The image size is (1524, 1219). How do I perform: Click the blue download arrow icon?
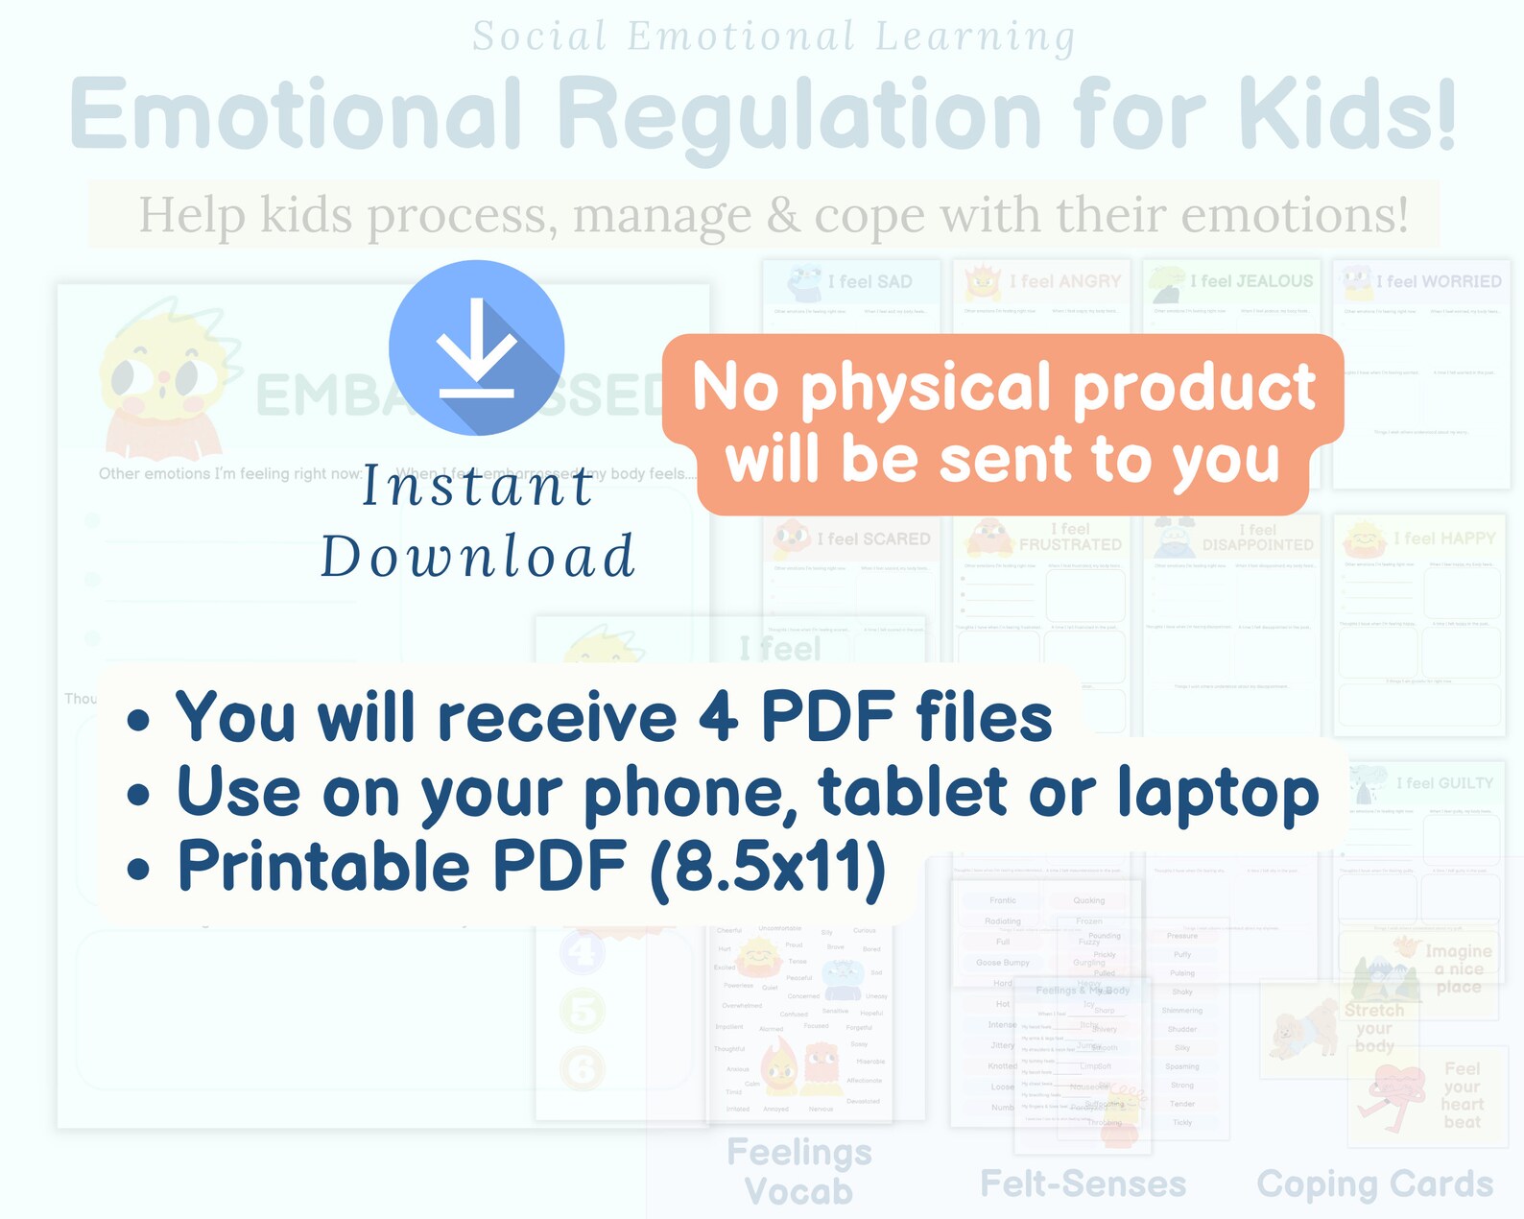(476, 347)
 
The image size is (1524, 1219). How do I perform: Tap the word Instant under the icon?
(477, 486)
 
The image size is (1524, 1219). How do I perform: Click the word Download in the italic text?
(477, 557)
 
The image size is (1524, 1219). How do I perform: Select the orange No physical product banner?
(1003, 423)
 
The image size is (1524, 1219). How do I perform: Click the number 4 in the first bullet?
(717, 717)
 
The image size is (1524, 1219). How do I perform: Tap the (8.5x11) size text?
(768, 868)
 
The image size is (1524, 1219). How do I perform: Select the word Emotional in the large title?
(297, 115)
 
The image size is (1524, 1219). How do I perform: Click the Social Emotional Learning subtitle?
(774, 36)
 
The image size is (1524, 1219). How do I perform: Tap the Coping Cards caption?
(1374, 1184)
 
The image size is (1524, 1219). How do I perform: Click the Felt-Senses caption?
(1083, 1184)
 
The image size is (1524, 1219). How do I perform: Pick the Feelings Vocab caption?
(798, 1171)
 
